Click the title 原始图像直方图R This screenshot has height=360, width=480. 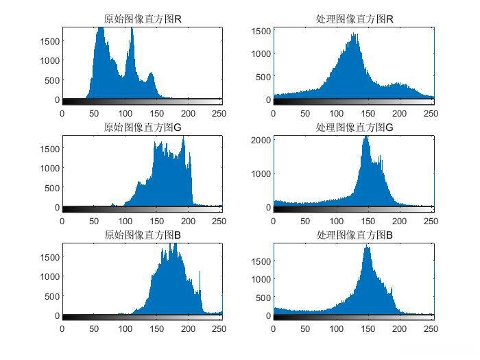coord(143,19)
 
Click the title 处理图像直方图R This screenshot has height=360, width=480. coord(354,19)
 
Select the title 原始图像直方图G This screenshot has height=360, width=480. coord(143,128)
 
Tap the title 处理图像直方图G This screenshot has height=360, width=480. coord(354,128)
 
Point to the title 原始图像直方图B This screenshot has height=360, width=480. coord(143,236)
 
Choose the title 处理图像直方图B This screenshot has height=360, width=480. coord(354,236)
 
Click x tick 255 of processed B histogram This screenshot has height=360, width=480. coord(431,329)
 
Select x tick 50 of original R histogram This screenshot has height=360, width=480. coord(94,113)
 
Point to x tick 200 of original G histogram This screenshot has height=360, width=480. coord(188,221)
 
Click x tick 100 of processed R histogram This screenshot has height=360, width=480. coord(336,113)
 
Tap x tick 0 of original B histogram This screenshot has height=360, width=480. coord(62,329)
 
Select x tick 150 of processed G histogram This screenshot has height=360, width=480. coord(368,221)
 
